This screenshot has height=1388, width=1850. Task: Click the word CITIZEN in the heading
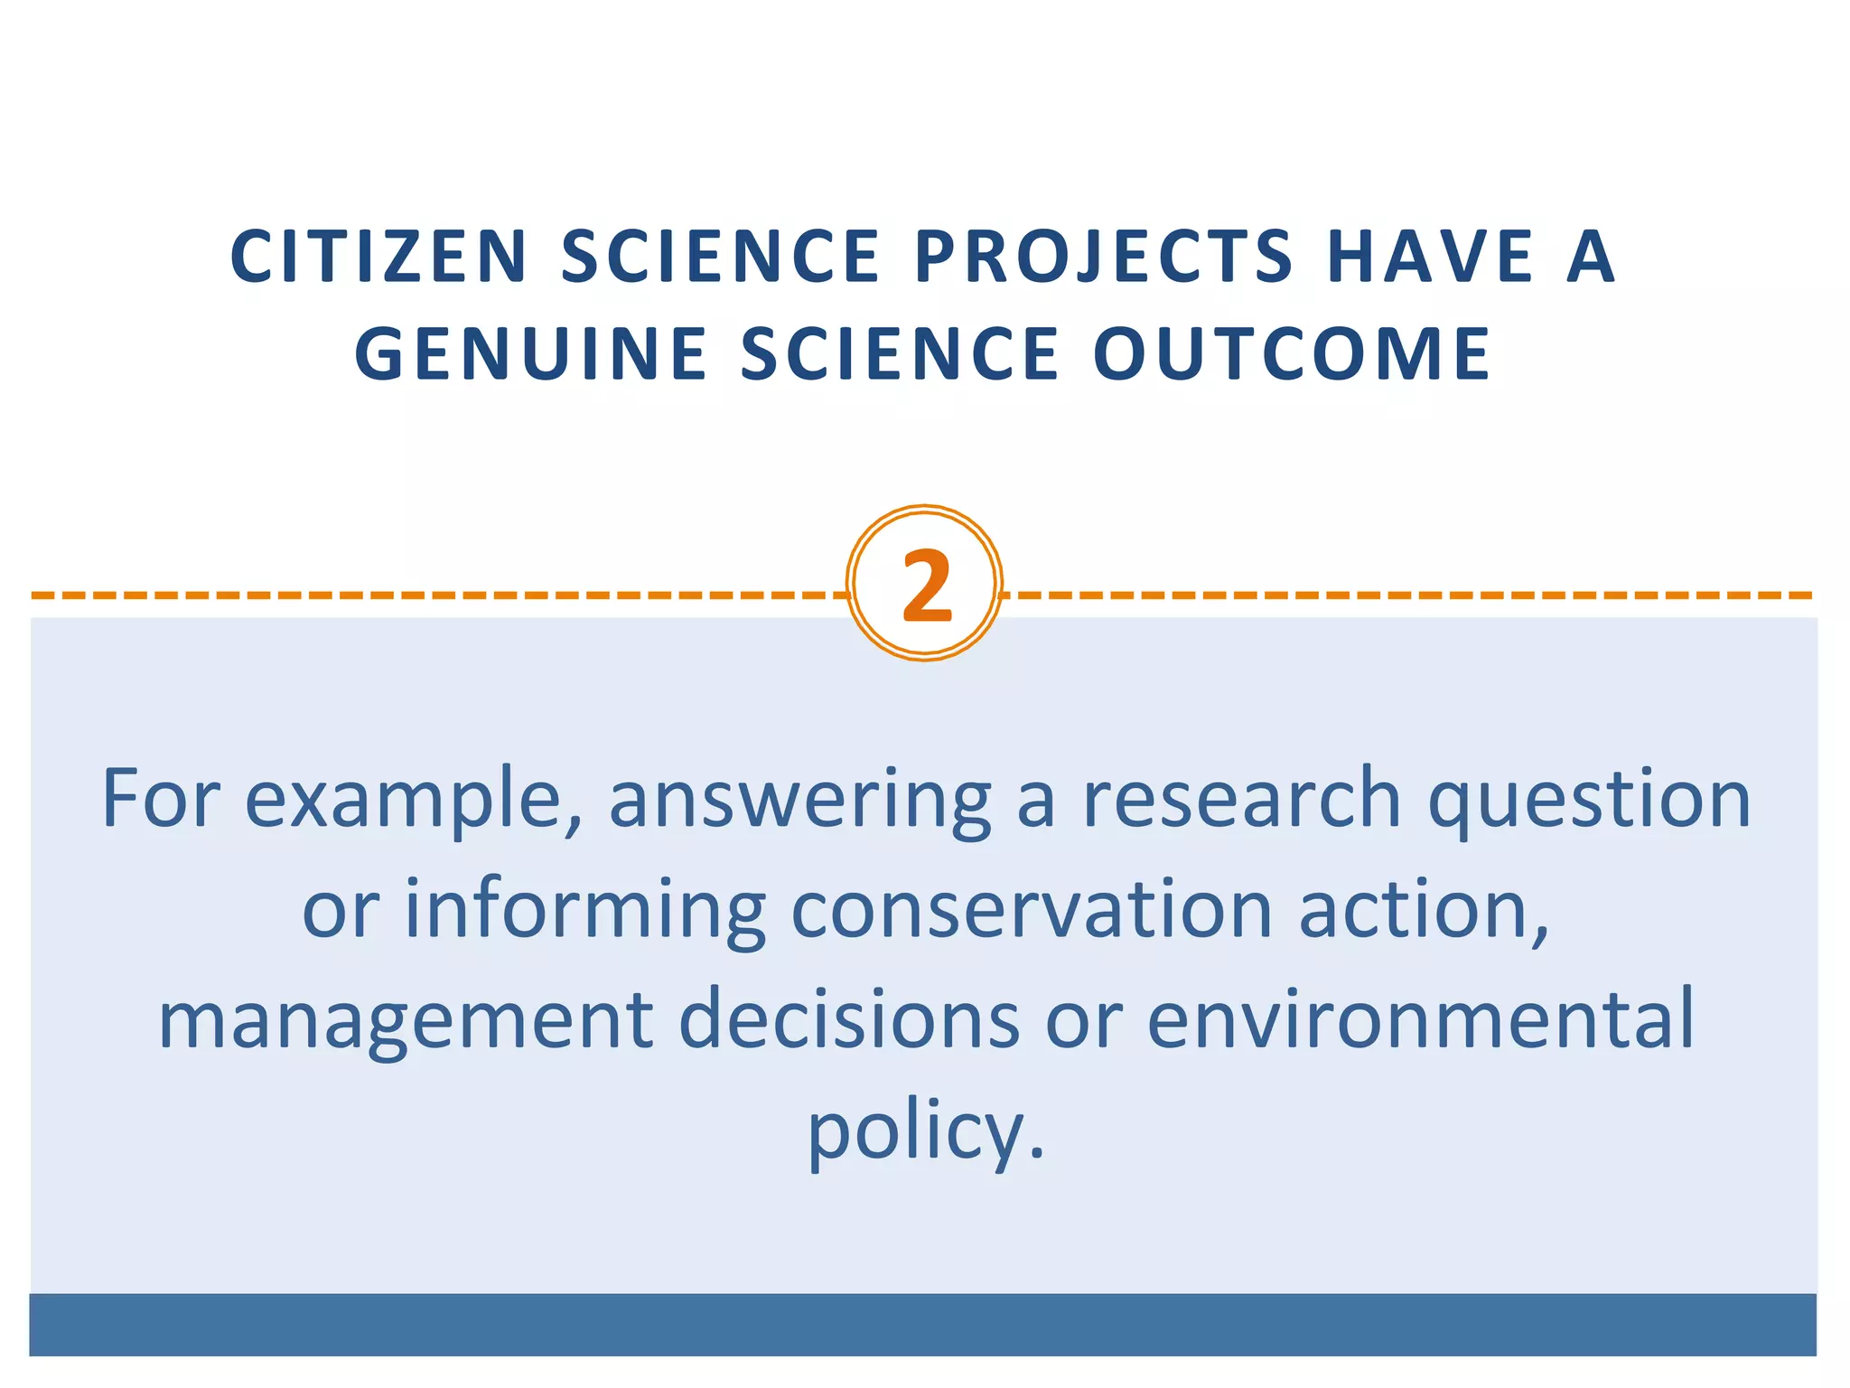tap(378, 257)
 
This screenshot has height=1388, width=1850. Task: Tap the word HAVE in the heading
tap(1431, 257)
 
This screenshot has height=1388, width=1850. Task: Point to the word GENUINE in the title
tap(531, 354)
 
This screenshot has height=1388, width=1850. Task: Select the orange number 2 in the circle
tap(926, 586)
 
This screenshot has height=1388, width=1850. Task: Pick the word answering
tap(799, 799)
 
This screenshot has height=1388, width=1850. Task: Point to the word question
tap(1590, 799)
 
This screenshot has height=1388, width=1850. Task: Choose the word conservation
tap(1032, 909)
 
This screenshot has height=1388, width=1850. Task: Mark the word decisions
tap(849, 1019)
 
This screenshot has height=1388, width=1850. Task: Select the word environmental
tap(1420, 1019)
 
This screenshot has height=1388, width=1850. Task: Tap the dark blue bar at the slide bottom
tap(923, 1324)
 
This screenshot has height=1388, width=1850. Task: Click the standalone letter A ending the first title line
tap(1592, 257)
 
